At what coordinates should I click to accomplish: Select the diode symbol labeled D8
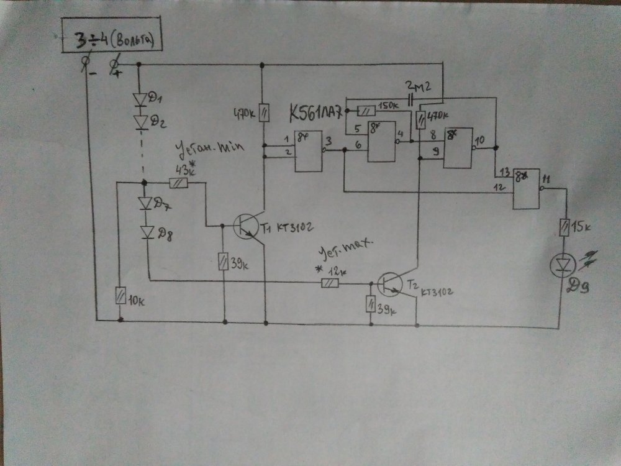tap(148, 232)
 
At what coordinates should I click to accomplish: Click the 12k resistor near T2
tap(330, 283)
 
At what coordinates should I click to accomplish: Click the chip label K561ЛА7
tap(315, 114)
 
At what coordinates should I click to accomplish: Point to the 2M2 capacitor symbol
tap(412, 99)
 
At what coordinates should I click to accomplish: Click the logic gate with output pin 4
tap(381, 142)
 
